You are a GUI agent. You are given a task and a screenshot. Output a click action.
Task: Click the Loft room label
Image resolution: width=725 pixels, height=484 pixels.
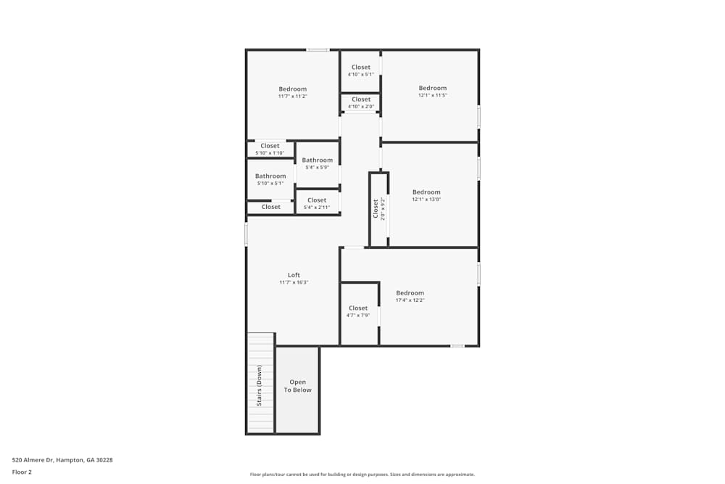click(x=294, y=275)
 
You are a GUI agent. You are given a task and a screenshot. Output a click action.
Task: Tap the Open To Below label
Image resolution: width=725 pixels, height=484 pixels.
click(x=297, y=386)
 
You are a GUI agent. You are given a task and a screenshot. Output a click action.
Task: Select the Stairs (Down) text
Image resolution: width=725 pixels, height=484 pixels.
click(x=260, y=385)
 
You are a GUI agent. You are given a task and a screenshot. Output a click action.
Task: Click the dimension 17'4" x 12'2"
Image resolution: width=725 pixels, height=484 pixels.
click(x=410, y=300)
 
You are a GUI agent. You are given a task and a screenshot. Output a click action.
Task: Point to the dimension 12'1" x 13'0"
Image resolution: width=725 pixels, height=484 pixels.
click(x=426, y=200)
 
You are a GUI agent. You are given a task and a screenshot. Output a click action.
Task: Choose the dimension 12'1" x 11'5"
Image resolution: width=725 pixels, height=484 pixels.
click(x=432, y=95)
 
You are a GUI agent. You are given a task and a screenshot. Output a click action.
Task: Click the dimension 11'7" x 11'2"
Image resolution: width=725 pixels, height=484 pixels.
click(x=292, y=96)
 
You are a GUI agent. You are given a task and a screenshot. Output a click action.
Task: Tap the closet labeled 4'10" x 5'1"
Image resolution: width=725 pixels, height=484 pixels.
click(x=360, y=70)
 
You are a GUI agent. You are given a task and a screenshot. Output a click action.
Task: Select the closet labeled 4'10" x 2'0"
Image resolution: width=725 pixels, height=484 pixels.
click(x=360, y=103)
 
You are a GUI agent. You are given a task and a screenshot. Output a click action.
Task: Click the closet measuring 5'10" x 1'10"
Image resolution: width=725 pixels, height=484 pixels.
click(x=270, y=149)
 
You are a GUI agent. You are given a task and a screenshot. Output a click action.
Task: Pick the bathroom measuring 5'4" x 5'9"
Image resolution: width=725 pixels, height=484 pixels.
click(x=317, y=163)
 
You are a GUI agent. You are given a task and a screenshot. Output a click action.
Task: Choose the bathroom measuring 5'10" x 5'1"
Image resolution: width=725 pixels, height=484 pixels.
click(x=270, y=179)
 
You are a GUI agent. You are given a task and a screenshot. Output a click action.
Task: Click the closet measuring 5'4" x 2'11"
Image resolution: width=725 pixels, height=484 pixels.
click(x=317, y=203)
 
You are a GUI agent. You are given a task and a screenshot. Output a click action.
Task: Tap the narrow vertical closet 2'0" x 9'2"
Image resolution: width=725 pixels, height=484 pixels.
click(x=378, y=209)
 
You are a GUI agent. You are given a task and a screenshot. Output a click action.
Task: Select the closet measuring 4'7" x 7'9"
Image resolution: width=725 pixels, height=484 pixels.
click(x=358, y=311)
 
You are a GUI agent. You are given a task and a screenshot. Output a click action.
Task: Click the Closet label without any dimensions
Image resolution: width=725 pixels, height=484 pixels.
click(x=270, y=207)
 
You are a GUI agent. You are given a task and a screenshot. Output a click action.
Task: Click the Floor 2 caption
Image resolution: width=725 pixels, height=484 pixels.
click(x=22, y=472)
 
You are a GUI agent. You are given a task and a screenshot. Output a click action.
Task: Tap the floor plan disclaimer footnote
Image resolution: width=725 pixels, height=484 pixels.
click(x=362, y=475)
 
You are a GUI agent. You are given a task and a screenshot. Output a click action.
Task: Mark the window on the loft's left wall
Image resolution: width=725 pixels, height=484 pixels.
click(x=246, y=234)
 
